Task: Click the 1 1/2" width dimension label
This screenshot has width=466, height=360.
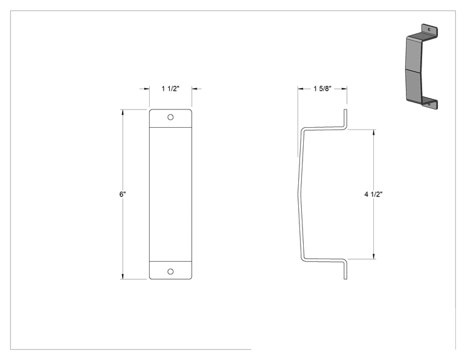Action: click(170, 88)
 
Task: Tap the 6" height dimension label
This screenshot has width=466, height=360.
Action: click(122, 194)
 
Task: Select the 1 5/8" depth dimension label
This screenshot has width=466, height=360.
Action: click(322, 88)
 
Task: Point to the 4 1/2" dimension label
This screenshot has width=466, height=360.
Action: click(373, 194)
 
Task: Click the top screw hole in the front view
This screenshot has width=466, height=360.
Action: click(170, 117)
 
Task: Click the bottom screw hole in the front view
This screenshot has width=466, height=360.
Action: click(170, 272)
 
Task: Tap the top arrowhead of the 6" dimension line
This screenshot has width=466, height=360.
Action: click(122, 112)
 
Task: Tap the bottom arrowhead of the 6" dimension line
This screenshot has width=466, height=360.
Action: click(122, 277)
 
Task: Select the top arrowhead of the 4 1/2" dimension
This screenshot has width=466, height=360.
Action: click(373, 132)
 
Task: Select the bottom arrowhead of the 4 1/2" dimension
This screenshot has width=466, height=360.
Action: click(373, 256)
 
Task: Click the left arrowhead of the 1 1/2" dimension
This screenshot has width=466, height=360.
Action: click(147, 88)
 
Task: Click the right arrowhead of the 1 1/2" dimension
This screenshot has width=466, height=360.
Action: click(195, 88)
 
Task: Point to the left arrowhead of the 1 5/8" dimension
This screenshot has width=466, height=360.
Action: click(301, 88)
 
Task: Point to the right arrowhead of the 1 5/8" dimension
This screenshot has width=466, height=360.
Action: click(344, 88)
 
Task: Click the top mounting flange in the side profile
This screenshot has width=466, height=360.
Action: click(345, 118)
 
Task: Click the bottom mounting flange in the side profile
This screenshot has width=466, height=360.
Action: click(345, 270)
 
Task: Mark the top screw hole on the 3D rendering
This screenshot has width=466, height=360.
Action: click(429, 29)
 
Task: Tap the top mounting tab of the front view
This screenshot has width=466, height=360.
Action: click(170, 118)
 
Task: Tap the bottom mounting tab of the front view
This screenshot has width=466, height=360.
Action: click(170, 270)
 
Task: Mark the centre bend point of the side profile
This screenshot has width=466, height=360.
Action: click(299, 193)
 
